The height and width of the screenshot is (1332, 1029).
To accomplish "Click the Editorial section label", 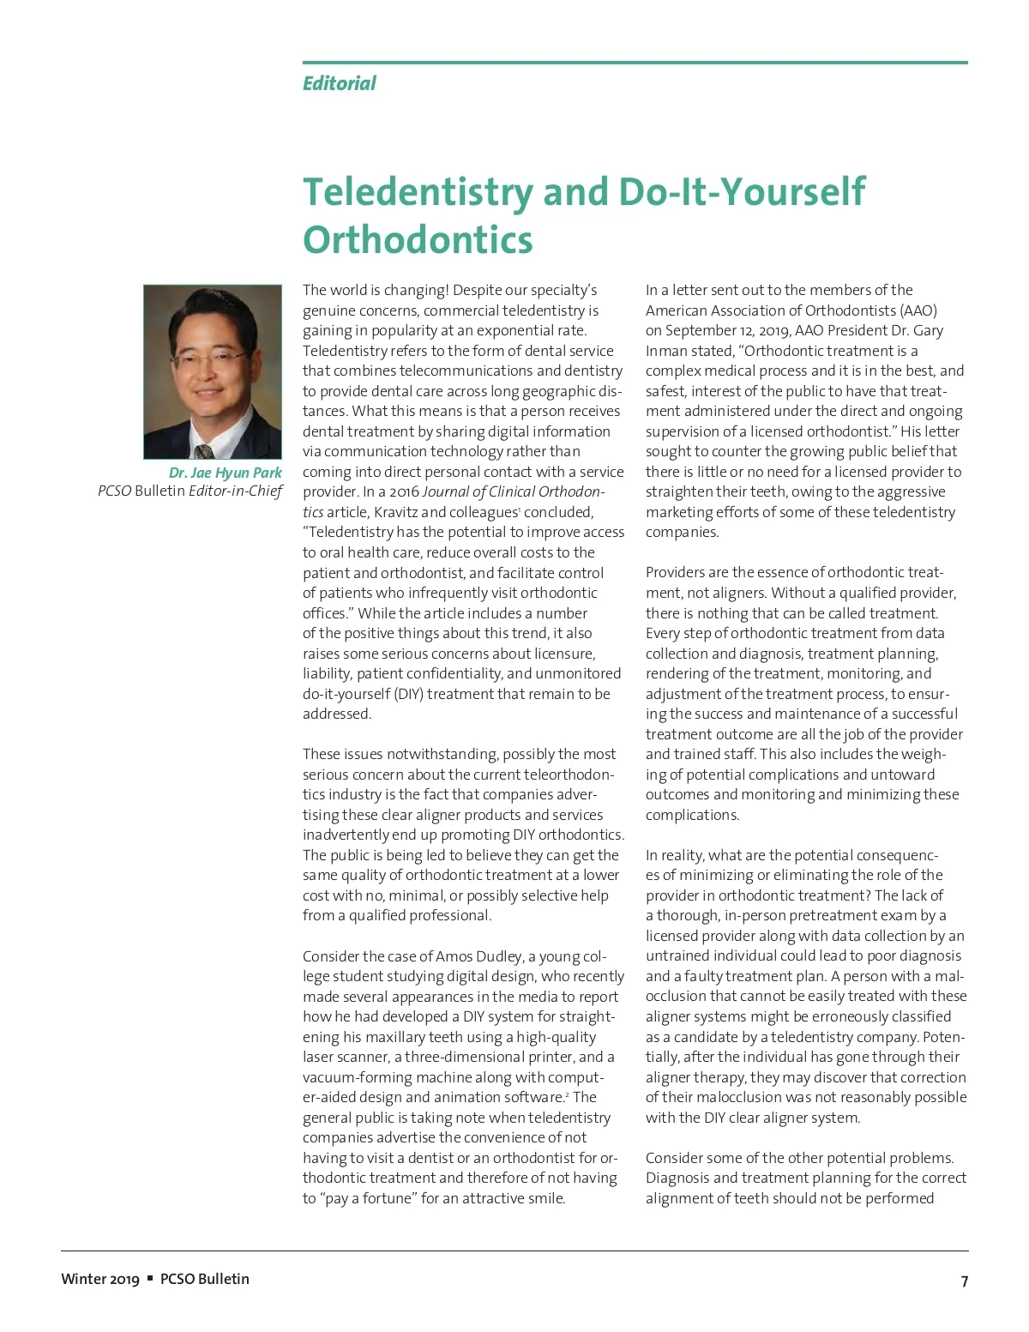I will (x=339, y=83).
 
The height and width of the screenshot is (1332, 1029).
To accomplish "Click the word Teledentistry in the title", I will (x=418, y=191).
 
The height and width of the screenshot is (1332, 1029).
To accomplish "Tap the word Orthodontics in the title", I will (x=418, y=239).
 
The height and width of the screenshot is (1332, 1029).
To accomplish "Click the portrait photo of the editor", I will (x=213, y=371).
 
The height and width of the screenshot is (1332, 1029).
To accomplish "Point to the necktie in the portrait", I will (x=203, y=450).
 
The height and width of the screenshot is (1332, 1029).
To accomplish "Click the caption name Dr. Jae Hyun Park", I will (x=225, y=473).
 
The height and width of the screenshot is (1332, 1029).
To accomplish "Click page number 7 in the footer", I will (x=964, y=1281).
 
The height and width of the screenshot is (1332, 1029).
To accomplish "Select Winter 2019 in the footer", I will (x=99, y=1279).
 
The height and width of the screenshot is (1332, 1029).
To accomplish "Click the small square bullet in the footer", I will (x=150, y=1278).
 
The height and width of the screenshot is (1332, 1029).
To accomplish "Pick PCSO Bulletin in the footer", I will (x=205, y=1279).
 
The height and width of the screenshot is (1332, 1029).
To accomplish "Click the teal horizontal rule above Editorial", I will (x=635, y=63).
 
